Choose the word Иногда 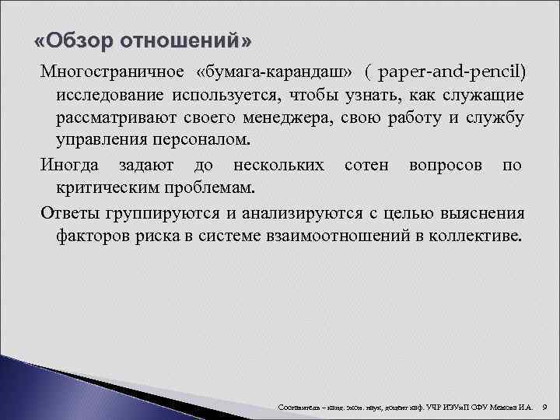coord(71,166)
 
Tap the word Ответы coord(71,213)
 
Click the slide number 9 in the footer coord(545,406)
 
